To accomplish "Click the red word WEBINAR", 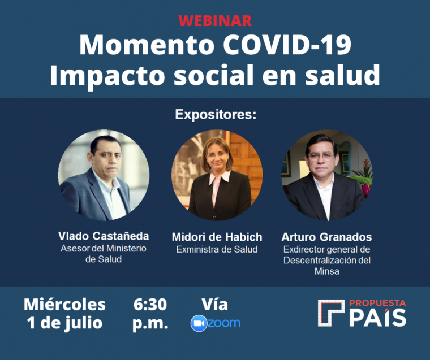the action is pos(215,21).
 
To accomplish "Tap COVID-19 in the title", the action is pos(287,45).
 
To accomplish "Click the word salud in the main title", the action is pos(342,75).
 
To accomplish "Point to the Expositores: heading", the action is pos(216,115).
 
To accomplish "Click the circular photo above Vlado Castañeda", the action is pos(104,175).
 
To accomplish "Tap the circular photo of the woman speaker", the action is pos(217,175).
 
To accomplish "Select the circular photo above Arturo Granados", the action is pos(327,175).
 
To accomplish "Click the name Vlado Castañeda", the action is pos(104,236).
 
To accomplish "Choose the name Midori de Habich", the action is pos(217,237).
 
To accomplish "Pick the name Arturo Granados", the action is pos(326,237).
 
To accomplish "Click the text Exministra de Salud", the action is pos(217,249).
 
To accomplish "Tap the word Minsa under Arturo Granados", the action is pos(327,271).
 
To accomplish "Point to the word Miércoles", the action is pos(64,305).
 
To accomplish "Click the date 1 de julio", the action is pos(64,323).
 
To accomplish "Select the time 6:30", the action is pos(150,305).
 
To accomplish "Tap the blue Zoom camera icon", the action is pos(199,323).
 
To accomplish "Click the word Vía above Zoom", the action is pos(215,305).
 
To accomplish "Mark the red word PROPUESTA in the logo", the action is pos(377,303).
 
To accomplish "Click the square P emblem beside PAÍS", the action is pos(331,313).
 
